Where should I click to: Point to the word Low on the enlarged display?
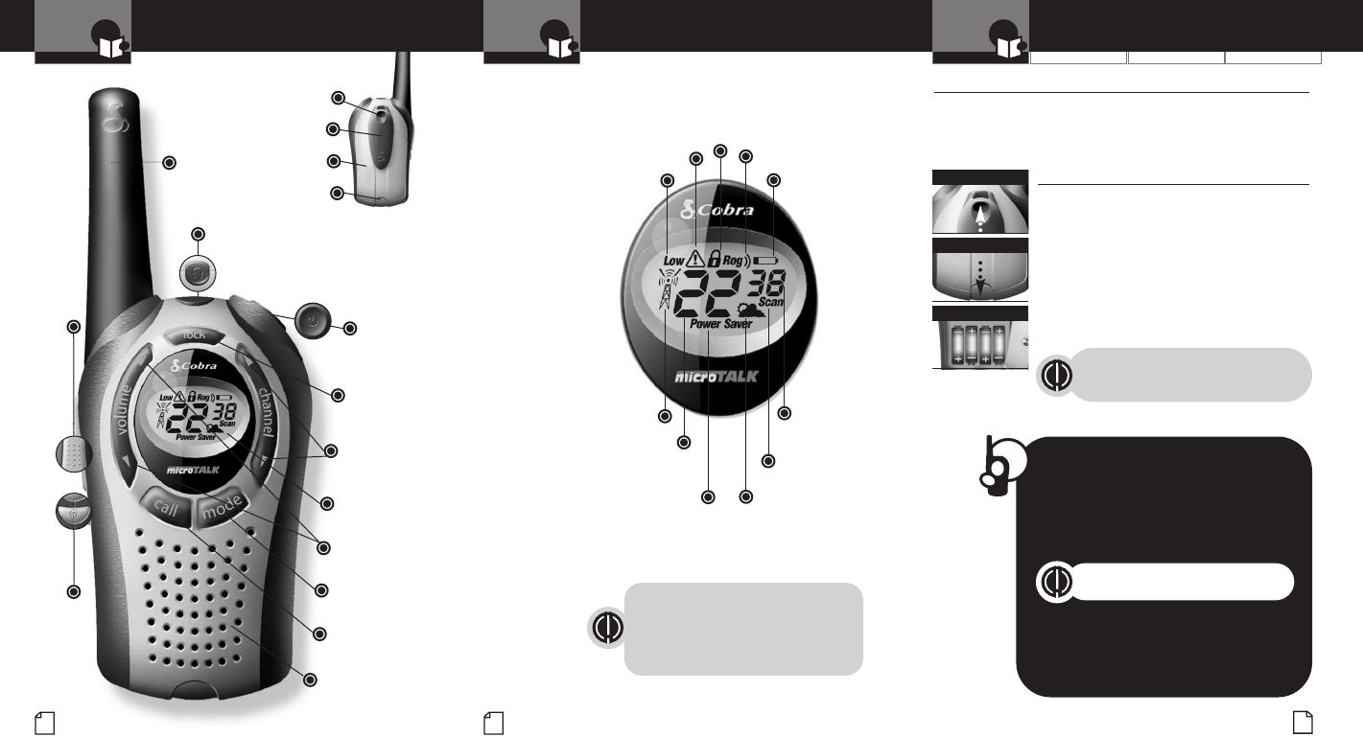coord(674,260)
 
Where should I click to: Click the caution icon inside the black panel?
coord(1055,583)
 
